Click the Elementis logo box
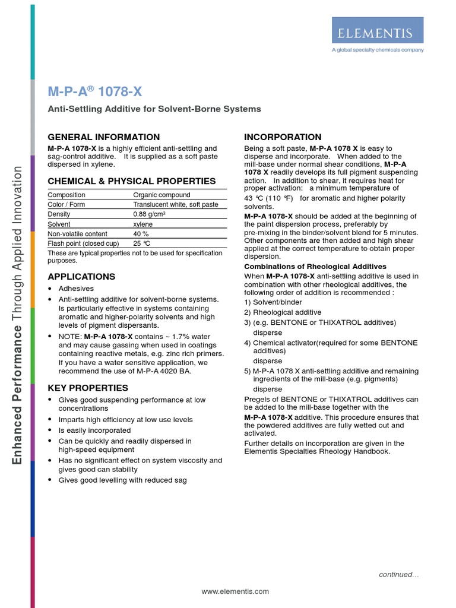pyautogui.click(x=377, y=30)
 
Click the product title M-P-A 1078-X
pyautogui.click(x=94, y=92)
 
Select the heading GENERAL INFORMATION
pyautogui.click(x=103, y=137)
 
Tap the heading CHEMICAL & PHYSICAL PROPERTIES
pyautogui.click(x=131, y=181)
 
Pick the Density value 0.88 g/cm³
pyautogui.click(x=149, y=214)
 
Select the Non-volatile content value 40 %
pyautogui.click(x=141, y=234)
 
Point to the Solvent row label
pyautogui.click(x=59, y=224)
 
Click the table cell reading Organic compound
pyautogui.click(x=161, y=195)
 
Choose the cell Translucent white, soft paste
pyautogui.click(x=175, y=205)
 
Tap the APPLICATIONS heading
pyautogui.click(x=81, y=277)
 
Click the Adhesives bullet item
pyautogui.click(x=76, y=289)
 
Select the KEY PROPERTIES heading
pyautogui.click(x=87, y=388)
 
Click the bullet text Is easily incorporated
pyautogui.click(x=94, y=430)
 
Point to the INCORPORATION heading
pyautogui.click(x=283, y=137)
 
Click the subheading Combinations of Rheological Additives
pyautogui.click(x=315, y=267)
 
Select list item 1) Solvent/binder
pyautogui.click(x=273, y=302)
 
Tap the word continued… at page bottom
pyautogui.click(x=399, y=575)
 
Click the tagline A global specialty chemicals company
pyautogui.click(x=377, y=50)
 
